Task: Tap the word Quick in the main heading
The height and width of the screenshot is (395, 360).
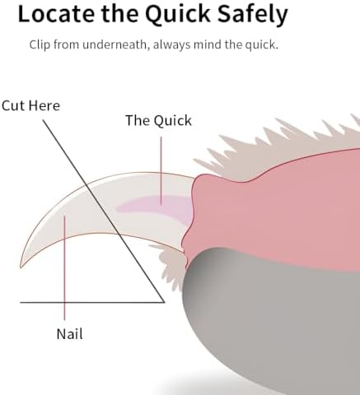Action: (178, 15)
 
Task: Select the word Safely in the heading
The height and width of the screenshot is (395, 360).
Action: (253, 16)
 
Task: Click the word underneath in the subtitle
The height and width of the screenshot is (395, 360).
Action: (115, 44)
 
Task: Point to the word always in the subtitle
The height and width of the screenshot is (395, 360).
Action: (171, 44)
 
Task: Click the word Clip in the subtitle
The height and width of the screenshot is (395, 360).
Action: (40, 44)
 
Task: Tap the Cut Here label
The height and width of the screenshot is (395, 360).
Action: (30, 105)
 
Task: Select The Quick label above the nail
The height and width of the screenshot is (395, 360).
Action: (158, 121)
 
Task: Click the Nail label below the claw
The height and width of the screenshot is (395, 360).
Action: (69, 334)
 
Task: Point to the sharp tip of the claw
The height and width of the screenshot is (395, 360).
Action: (21, 267)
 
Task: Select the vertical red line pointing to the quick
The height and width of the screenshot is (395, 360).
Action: (161, 170)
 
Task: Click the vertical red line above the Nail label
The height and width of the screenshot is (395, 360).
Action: (64, 267)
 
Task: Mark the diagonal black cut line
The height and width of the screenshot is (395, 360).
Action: (104, 211)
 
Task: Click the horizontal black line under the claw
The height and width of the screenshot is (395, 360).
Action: (92, 303)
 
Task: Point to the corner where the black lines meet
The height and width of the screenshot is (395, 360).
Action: (164, 302)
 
